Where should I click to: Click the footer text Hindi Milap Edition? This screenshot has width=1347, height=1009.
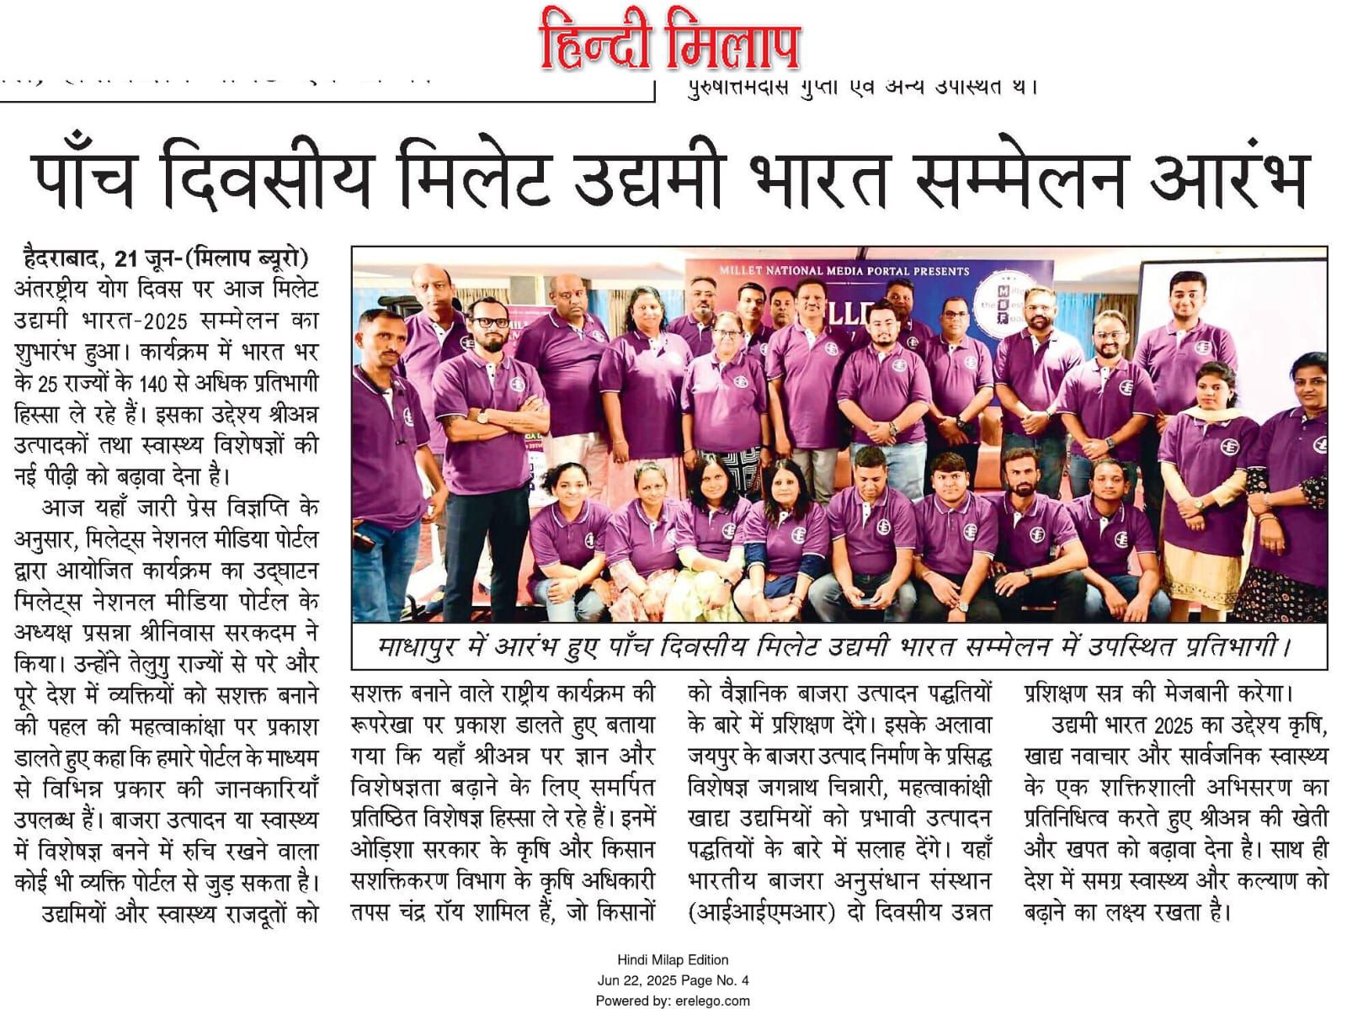click(x=673, y=959)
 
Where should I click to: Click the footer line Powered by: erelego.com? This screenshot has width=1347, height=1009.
click(x=673, y=1001)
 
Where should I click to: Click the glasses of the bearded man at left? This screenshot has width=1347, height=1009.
click(x=489, y=321)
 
